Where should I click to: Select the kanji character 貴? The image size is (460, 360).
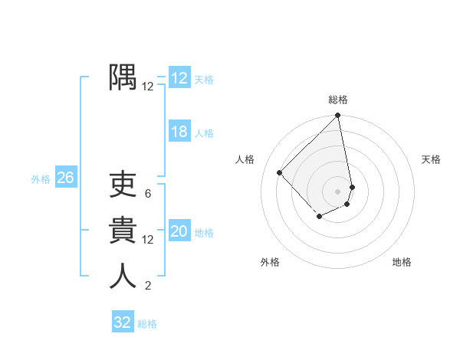123,231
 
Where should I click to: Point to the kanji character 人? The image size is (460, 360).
123,277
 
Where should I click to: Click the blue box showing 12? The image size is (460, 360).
179,78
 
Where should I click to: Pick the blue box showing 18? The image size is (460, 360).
179,132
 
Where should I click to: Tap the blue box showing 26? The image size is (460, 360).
65,178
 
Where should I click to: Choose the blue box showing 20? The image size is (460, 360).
179,231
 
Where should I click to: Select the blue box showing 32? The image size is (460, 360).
123,322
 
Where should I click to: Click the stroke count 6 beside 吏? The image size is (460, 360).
147,194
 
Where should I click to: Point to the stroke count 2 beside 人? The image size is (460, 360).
147,286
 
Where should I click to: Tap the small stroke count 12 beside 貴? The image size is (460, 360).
147,240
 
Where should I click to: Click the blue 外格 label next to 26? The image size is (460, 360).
41,179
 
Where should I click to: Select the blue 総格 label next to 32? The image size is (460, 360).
147,324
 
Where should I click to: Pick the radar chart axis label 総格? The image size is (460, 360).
338,100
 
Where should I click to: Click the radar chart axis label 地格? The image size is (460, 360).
402,262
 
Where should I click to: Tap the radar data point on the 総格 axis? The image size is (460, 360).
338,116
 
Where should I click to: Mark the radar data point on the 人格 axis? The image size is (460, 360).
280,172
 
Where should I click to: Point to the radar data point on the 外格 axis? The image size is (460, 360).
319,218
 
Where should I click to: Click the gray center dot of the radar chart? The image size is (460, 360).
338,191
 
